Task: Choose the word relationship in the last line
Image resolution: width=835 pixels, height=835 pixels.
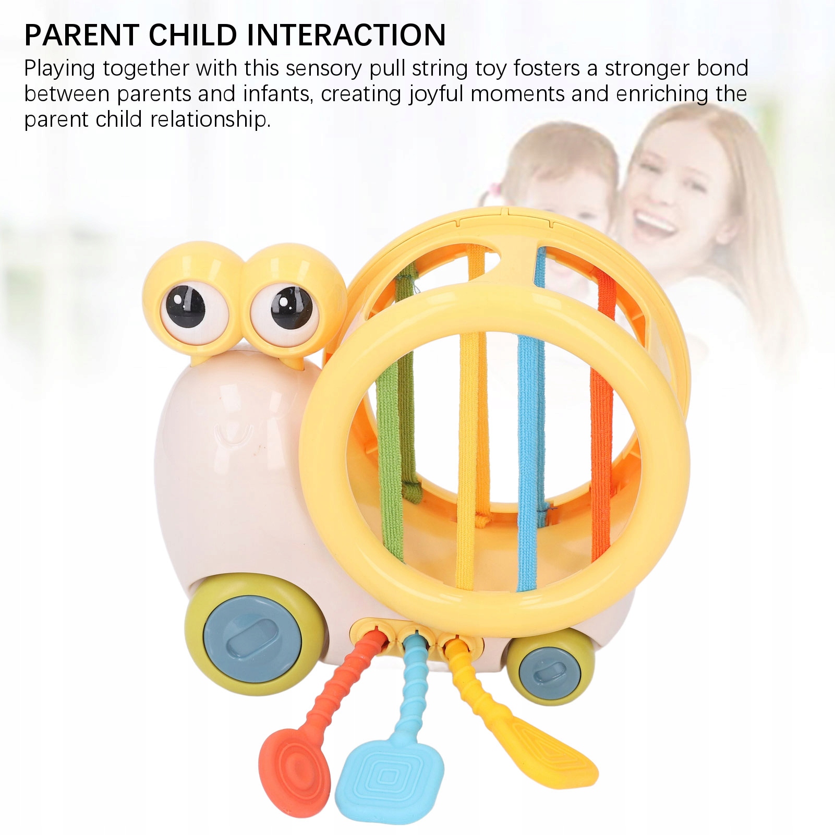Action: coord(210,120)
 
